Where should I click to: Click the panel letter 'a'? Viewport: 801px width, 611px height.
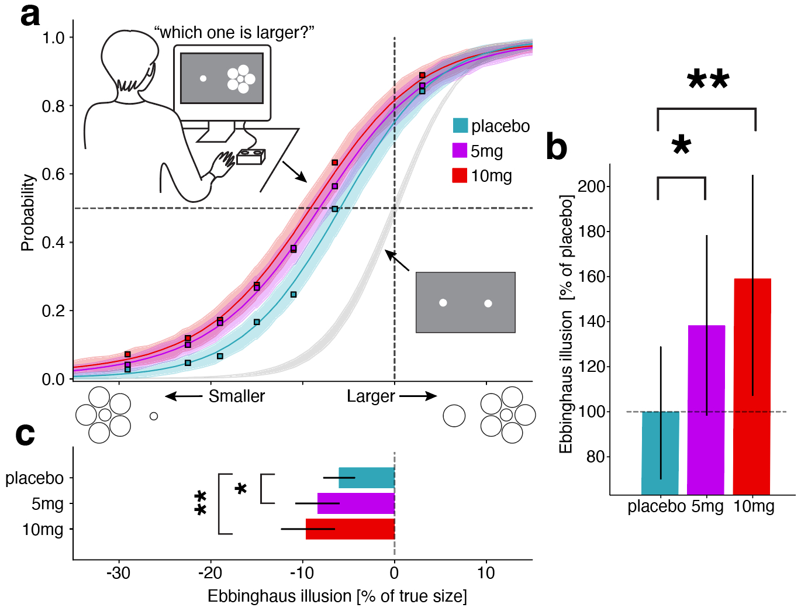click(30, 15)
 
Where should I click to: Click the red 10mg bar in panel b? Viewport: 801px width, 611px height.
click(752, 386)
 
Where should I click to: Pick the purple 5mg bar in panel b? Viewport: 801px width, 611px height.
click(706, 409)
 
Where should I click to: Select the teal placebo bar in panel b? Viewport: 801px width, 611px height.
click(660, 453)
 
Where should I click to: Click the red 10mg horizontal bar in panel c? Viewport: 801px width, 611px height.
click(350, 529)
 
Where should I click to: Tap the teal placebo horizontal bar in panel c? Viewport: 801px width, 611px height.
click(367, 478)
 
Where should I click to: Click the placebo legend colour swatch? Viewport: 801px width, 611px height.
click(460, 126)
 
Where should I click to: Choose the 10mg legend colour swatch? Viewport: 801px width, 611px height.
click(460, 175)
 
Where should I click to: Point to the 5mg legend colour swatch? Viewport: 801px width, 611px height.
click(460, 150)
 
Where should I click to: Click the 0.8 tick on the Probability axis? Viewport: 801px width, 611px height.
click(53, 106)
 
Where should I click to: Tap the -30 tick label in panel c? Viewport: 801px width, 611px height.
click(118, 573)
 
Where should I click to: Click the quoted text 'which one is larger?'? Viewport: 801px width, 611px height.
click(234, 33)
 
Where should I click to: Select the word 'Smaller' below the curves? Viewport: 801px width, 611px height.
click(237, 396)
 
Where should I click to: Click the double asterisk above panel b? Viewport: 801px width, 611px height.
click(708, 79)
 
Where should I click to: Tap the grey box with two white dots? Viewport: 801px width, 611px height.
click(465, 302)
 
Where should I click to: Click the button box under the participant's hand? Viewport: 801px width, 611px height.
click(251, 156)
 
